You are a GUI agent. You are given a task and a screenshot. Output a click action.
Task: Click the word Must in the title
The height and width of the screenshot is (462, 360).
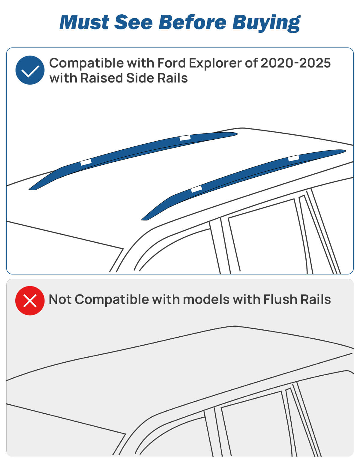pos(84,22)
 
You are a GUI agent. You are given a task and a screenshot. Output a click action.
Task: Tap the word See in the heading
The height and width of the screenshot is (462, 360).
pos(133,22)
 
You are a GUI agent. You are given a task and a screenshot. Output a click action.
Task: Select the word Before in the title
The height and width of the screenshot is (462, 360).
pos(192,22)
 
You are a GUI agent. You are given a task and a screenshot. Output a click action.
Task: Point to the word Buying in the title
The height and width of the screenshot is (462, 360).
pos(266,23)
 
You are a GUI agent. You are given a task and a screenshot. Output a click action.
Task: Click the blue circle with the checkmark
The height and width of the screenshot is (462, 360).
pos(30,70)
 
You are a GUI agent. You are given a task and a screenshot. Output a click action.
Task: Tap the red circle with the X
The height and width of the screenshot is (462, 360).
pos(30,301)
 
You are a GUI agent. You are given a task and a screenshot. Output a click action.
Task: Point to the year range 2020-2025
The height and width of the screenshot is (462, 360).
pos(295,63)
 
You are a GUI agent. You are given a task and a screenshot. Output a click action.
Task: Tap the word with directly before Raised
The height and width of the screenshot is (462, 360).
pos(63,78)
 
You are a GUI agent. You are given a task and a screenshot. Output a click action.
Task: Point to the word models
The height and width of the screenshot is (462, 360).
pos(206,299)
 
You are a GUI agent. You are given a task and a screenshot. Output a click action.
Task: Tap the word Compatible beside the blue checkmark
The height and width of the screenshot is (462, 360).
pos(86,64)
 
